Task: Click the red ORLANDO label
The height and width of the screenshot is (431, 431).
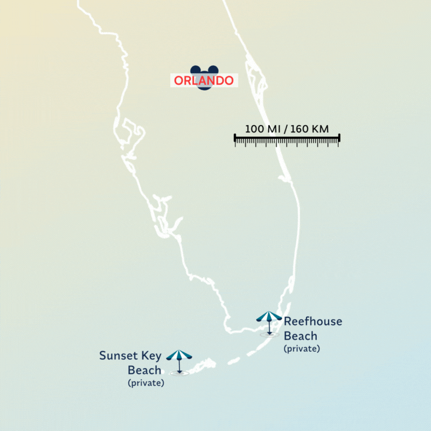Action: [x=204, y=81]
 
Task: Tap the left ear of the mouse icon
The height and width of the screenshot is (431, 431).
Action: [x=195, y=70]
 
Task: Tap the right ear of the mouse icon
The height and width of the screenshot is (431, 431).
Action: [x=213, y=70]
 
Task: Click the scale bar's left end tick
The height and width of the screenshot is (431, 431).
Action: [x=235, y=139]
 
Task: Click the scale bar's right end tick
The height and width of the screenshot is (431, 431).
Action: [x=339, y=139]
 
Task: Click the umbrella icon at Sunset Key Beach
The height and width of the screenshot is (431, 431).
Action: [x=179, y=356]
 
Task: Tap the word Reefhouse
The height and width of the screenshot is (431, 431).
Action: [x=313, y=322]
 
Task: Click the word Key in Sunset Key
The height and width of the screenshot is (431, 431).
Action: [x=151, y=356]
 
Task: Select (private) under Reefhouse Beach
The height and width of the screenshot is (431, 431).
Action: [x=302, y=349]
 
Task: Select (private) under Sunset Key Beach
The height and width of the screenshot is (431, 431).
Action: [x=145, y=383]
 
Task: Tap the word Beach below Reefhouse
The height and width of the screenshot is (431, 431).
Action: [x=301, y=336]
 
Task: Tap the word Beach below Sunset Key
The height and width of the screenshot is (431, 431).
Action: [x=144, y=370]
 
